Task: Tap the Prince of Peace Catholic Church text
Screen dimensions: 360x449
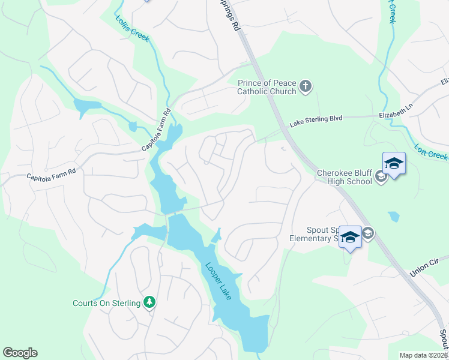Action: tap(267, 88)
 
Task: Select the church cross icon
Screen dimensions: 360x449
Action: tap(306, 87)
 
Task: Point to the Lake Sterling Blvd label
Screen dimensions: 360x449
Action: tap(316, 119)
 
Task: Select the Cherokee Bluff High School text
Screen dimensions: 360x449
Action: tap(345, 177)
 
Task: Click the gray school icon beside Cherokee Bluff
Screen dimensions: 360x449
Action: tap(381, 178)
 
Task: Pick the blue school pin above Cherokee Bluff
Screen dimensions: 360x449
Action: tap(394, 163)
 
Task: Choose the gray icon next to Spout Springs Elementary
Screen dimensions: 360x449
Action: tap(368, 233)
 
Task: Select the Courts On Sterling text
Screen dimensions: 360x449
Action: tap(107, 303)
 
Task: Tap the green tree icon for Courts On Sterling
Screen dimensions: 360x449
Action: tap(150, 303)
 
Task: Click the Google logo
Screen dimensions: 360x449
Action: tap(20, 353)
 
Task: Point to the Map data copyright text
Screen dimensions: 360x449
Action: tap(423, 355)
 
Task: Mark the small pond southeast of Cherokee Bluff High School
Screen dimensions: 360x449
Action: tap(394, 217)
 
